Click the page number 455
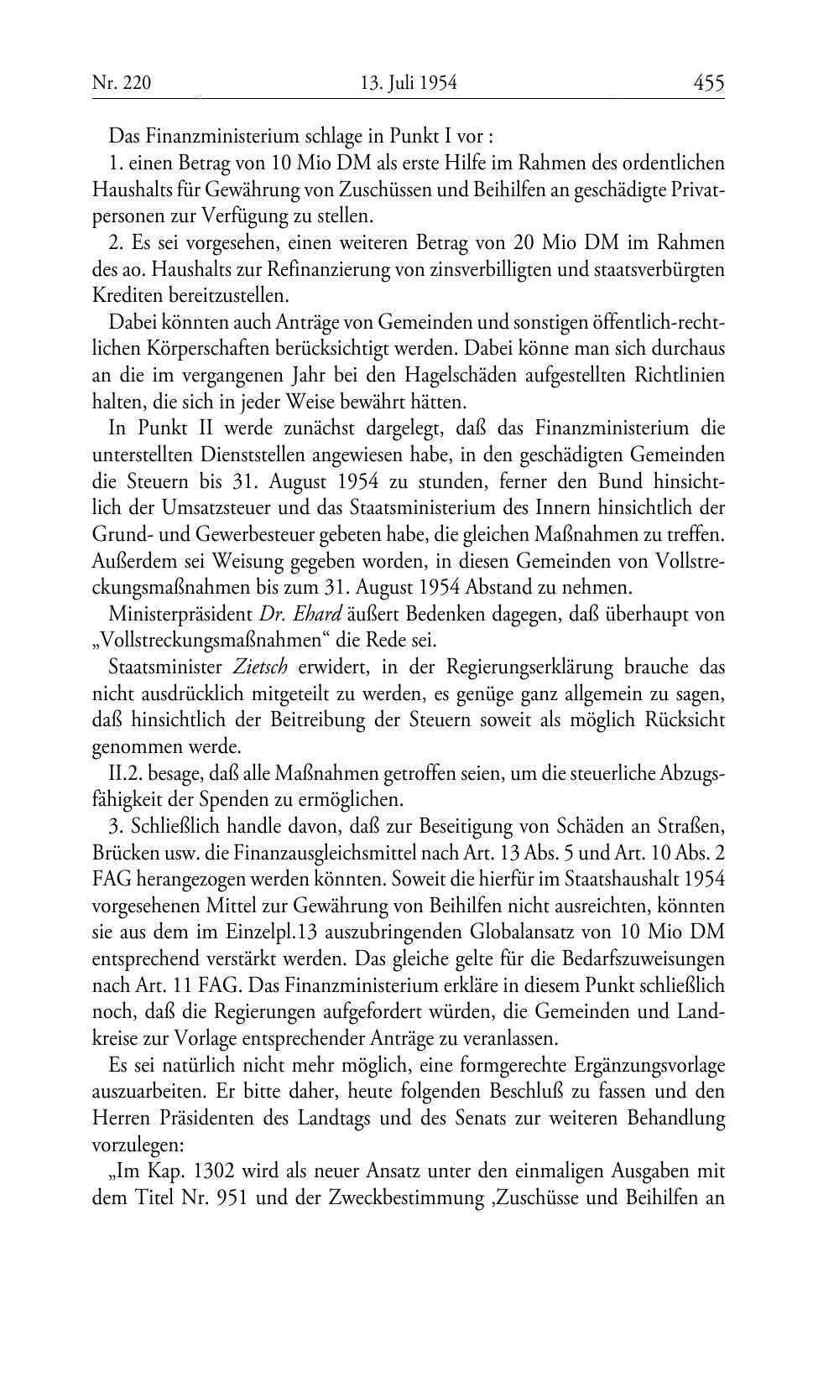click(708, 83)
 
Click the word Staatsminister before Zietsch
click(160, 667)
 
